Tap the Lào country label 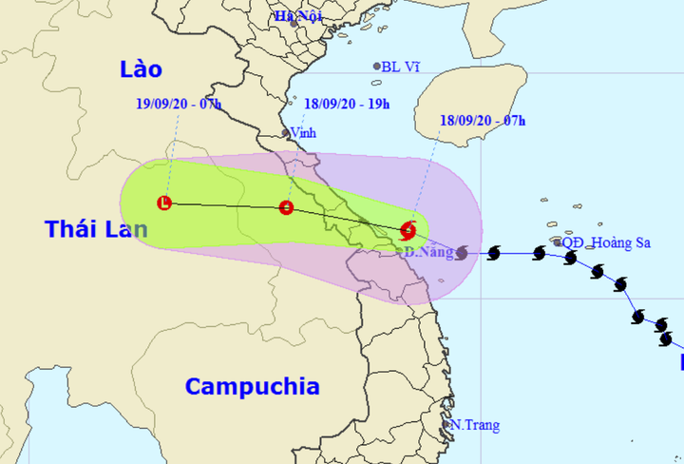coord(141,69)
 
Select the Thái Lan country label coord(96,229)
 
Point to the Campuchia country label coord(252,386)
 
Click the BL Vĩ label coord(400,67)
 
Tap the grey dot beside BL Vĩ coord(377,67)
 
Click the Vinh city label coord(303,133)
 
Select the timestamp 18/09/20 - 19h coord(347,104)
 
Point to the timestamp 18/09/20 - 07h coord(484,120)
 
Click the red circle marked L coord(164,203)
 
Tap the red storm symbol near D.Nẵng coord(408,229)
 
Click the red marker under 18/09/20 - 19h coord(286,208)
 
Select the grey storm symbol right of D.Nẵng coord(462,253)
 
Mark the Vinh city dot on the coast coord(287,134)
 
